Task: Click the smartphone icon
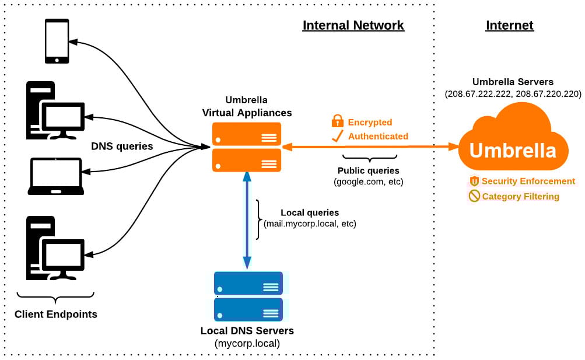57,41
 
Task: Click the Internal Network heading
353,26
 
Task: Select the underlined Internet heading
509,26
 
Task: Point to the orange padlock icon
337,121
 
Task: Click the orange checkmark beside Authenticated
337,136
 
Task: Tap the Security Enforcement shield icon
474,181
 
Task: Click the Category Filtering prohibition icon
474,197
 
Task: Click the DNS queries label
122,146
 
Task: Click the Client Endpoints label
56,314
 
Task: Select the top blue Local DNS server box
248,283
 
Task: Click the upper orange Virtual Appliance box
246,134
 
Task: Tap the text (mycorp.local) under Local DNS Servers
247,344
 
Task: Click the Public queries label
369,170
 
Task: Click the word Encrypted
370,123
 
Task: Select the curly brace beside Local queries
258,219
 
